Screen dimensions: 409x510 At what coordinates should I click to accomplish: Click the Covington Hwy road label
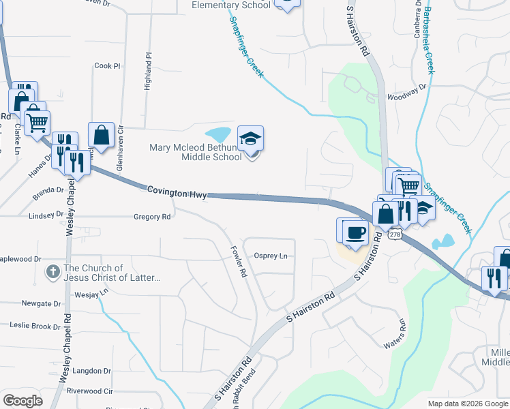coord(177,194)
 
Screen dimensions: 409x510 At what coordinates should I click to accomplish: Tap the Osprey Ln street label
coord(271,256)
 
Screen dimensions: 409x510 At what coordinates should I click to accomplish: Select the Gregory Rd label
coord(152,217)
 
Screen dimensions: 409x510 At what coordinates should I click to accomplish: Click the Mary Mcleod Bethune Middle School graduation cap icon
coord(250,138)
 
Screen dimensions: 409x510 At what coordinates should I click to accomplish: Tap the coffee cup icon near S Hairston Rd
coord(356,232)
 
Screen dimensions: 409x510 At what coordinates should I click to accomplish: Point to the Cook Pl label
coord(107,66)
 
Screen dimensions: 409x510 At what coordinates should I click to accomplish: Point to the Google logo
coord(22,401)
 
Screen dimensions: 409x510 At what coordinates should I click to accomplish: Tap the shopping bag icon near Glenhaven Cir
coord(101,135)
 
